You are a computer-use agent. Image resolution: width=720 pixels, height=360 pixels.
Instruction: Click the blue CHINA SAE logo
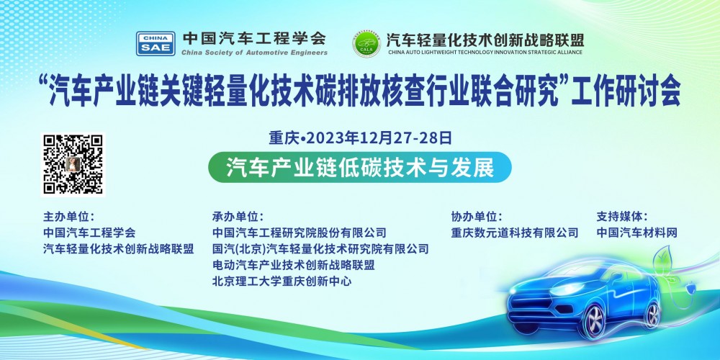pyautogui.click(x=155, y=43)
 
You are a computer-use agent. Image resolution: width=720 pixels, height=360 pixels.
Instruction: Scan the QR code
pyautogui.click(x=73, y=163)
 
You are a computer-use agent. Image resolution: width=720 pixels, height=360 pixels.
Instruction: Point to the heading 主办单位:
pyautogui.click(x=68, y=216)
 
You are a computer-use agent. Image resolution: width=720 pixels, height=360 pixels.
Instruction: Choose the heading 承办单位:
pyautogui.click(x=238, y=216)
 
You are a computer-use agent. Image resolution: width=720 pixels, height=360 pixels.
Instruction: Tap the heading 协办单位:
pyautogui.click(x=477, y=216)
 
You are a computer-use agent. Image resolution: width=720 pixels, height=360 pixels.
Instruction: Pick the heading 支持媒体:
pyautogui.click(x=622, y=216)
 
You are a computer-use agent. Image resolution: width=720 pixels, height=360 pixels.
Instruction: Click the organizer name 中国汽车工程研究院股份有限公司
pyautogui.click(x=300, y=233)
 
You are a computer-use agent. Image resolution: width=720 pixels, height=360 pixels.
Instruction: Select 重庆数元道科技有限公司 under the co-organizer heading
pyautogui.click(x=515, y=233)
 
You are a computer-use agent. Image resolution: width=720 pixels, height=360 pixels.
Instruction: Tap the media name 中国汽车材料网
pyautogui.click(x=637, y=233)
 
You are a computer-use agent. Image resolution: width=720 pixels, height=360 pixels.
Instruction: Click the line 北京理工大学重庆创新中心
pyautogui.click(x=282, y=282)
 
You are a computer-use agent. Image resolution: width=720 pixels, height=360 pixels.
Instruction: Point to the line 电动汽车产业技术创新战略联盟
pyautogui.click(x=294, y=265)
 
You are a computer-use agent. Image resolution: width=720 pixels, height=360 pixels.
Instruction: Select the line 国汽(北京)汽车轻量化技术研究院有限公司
pyautogui.click(x=320, y=249)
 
